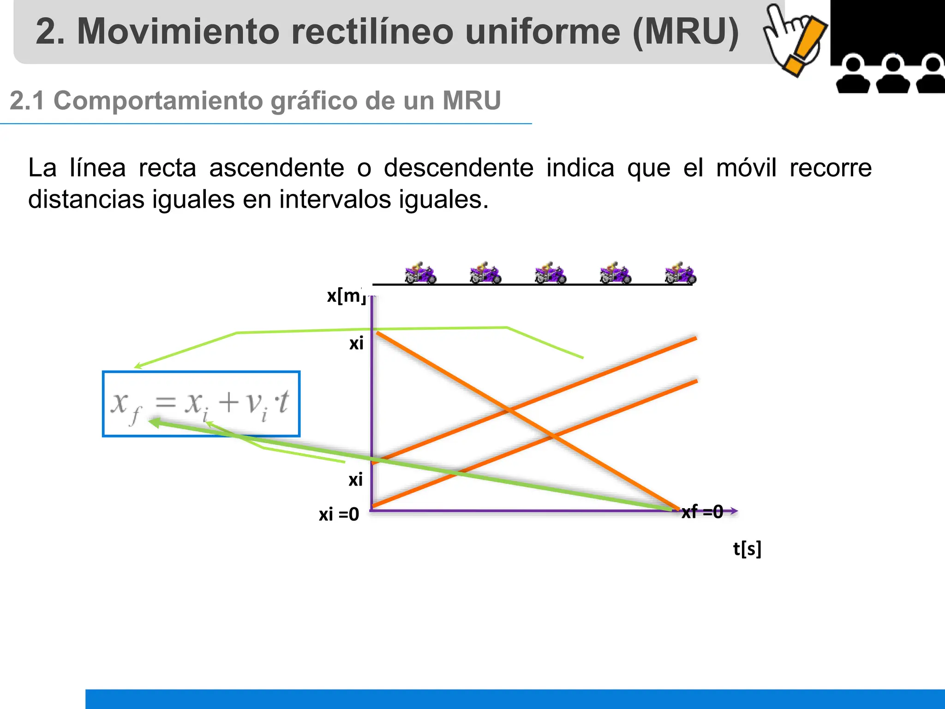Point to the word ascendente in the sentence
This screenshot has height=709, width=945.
(x=277, y=168)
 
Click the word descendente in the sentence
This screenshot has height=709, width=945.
(x=459, y=168)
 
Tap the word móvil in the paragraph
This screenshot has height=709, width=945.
(x=746, y=168)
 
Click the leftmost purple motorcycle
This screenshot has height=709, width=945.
(x=420, y=274)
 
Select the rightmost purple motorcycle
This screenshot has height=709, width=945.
(x=680, y=274)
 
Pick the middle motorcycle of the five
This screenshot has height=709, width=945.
(x=550, y=274)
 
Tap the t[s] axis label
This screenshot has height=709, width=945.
(x=747, y=549)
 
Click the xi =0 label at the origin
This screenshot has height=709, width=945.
(x=339, y=514)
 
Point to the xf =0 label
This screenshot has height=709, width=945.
(x=702, y=511)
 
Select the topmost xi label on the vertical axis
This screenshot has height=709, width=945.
(x=356, y=343)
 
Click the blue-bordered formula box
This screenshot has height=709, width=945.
(x=201, y=404)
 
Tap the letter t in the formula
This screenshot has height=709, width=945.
(x=282, y=403)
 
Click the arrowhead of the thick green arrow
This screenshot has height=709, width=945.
(x=155, y=422)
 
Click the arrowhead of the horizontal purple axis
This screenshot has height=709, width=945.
(x=734, y=511)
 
